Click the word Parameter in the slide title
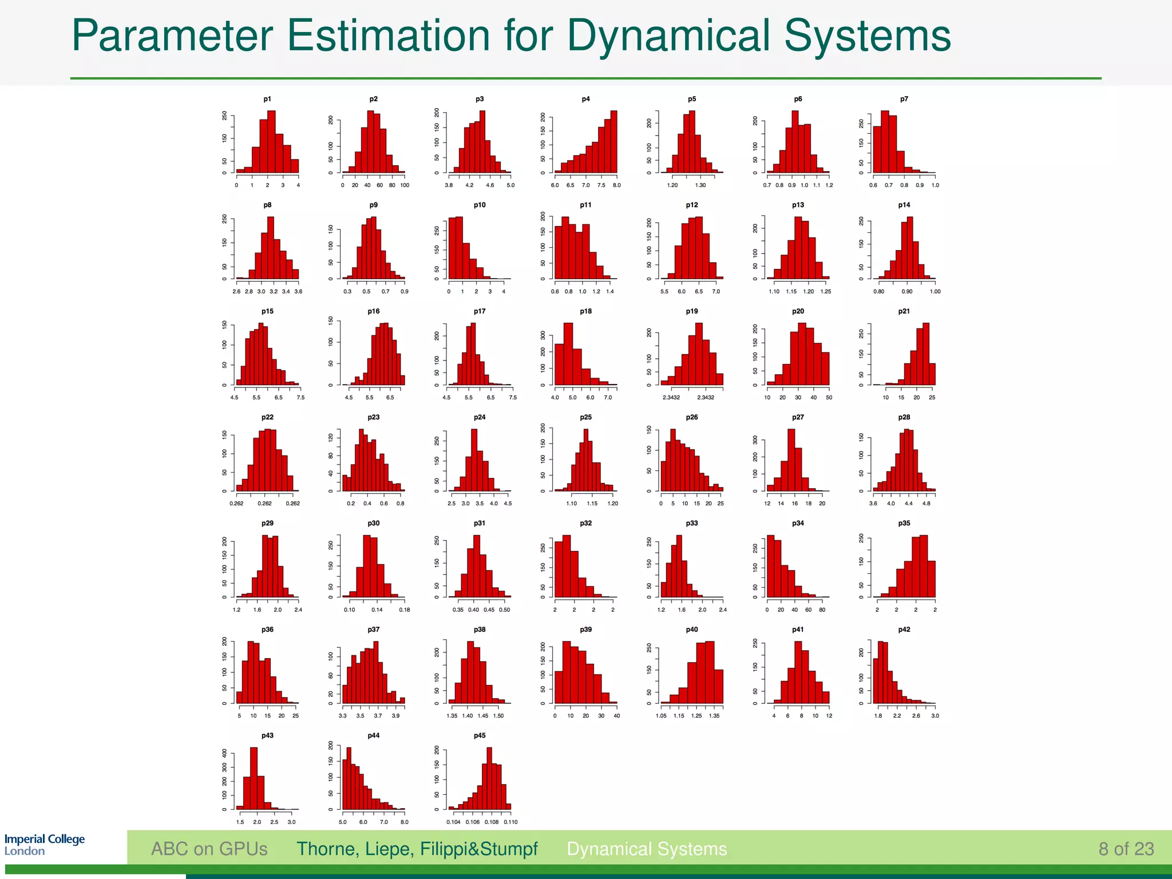coord(172,35)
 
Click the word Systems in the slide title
coord(866,35)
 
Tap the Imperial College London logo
coord(44,845)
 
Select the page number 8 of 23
coord(1126,849)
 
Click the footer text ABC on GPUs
coord(209,849)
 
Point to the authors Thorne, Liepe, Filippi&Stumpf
coord(417,849)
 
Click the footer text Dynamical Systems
coord(647,849)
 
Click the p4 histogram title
coord(585,99)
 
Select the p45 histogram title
coord(480,735)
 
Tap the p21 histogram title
coord(904,311)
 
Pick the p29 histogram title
coord(267,523)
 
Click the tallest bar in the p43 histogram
coord(254,778)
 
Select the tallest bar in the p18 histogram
coord(568,354)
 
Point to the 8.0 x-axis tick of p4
coord(616,185)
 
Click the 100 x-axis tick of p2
coord(405,185)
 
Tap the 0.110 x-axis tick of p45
coord(510,822)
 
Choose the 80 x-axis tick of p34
coord(822,610)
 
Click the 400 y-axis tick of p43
coord(224,754)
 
